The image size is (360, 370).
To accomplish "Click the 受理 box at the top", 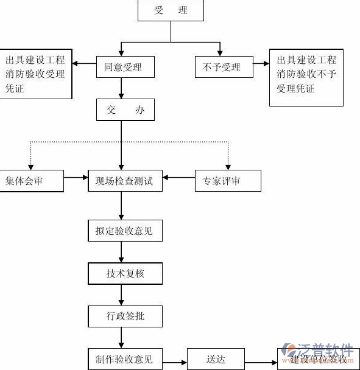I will (171, 11).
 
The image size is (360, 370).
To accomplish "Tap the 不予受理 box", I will (222, 67).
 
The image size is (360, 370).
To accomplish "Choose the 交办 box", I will (125, 110).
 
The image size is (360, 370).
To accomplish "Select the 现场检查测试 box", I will (125, 181).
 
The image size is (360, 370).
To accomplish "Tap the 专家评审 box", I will (227, 181).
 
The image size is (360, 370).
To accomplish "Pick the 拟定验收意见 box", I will (125, 231).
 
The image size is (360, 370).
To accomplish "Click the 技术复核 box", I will (125, 274).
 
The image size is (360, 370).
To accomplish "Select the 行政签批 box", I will (125, 316).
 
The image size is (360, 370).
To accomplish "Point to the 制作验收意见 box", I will (125, 359).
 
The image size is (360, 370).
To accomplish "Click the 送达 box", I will (216, 359).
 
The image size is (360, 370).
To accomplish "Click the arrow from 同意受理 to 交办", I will (121, 88).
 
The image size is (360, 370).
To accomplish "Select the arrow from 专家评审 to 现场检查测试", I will (178, 178).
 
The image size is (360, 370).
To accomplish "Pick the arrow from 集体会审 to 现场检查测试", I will (76, 178).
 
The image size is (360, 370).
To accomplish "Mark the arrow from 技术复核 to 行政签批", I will (121, 295).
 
